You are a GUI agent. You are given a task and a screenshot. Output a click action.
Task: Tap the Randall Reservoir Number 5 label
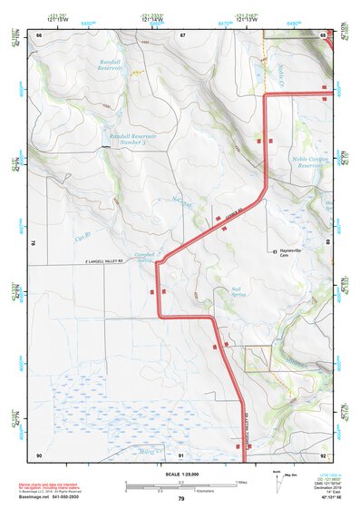(132, 139)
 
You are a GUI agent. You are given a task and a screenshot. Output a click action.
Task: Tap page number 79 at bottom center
(180, 499)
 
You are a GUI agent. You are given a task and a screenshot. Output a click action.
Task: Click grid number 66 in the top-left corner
(39, 34)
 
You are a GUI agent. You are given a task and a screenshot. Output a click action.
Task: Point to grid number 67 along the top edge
(182, 34)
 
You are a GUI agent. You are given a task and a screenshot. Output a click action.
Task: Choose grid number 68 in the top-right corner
(324, 34)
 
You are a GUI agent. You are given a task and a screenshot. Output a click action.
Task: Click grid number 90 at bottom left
(39, 455)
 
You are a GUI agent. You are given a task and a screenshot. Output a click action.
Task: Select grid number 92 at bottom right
(324, 455)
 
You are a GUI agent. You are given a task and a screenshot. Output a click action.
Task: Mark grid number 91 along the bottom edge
(181, 455)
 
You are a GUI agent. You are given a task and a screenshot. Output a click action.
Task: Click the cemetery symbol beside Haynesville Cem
(275, 251)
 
